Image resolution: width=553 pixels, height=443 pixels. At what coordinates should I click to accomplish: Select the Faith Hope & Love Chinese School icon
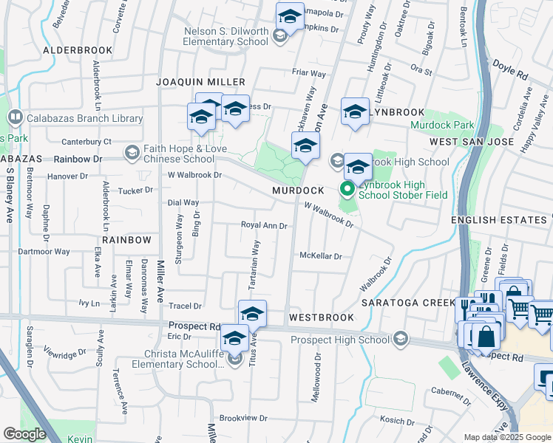(x=132, y=152)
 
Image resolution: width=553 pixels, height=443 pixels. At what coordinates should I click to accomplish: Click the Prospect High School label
(x=339, y=340)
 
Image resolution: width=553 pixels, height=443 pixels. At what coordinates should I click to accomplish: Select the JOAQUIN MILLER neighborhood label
(x=200, y=81)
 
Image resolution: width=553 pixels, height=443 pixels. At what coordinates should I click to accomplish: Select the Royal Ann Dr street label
(x=264, y=225)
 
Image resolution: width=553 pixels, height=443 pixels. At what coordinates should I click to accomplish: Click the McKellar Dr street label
(x=320, y=256)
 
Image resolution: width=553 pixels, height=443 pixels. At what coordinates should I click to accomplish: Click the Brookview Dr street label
(x=243, y=418)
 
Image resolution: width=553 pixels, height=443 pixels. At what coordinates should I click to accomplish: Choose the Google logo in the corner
(x=24, y=434)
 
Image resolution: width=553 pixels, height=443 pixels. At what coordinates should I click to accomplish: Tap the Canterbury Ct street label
(x=86, y=141)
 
